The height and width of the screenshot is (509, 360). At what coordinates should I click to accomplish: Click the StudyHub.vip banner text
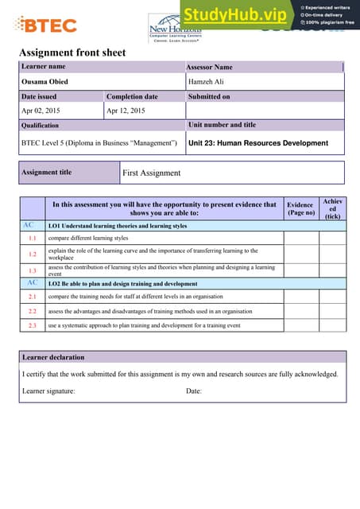tap(236, 14)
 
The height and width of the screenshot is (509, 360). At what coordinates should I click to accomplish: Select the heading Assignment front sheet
tap(72, 53)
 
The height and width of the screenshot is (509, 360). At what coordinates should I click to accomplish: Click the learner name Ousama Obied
tap(44, 82)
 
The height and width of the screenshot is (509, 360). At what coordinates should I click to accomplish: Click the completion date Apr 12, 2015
tap(126, 111)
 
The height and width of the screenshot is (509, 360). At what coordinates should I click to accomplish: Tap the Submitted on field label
tap(209, 96)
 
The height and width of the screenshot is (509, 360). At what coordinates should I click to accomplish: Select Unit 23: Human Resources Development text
tap(257, 143)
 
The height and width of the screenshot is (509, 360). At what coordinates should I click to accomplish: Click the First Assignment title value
tap(152, 173)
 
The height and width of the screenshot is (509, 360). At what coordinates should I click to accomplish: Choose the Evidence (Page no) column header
tap(300, 208)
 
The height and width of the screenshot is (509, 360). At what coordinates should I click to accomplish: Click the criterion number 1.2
tap(33, 254)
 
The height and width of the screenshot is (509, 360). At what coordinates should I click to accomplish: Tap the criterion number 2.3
tap(33, 325)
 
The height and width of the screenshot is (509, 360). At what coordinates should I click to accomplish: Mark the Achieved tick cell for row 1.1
tap(332, 238)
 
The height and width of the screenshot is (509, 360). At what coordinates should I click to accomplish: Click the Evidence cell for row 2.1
tap(300, 296)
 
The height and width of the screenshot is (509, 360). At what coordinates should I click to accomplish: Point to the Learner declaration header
tap(53, 357)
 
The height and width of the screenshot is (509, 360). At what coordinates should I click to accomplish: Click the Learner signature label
tap(48, 390)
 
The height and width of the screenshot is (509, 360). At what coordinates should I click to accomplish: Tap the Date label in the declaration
tap(194, 390)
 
